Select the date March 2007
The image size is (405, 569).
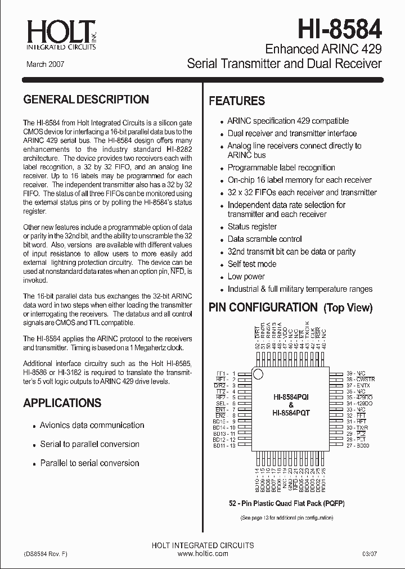(x=46, y=65)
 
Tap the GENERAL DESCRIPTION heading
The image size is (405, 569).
(x=86, y=100)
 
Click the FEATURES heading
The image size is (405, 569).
(x=237, y=101)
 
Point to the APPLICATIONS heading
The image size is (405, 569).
(x=62, y=403)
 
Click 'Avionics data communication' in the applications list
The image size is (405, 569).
(x=92, y=426)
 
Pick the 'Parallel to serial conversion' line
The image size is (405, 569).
(x=90, y=463)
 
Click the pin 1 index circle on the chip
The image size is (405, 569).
(x=258, y=374)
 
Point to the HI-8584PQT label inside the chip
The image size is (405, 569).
(x=291, y=412)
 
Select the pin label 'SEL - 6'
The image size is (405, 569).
(x=225, y=404)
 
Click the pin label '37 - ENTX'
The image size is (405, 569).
(x=358, y=385)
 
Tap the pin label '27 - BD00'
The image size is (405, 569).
(x=358, y=445)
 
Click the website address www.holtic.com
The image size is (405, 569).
(x=203, y=554)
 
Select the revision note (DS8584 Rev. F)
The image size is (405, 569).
(x=46, y=554)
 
